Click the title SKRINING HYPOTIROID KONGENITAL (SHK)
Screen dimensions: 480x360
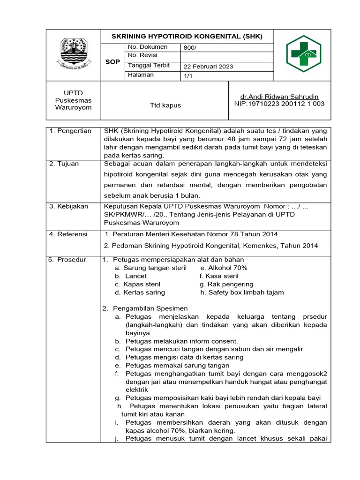(187, 36)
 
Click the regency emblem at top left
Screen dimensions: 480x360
(74, 54)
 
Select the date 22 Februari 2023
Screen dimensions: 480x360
(208, 67)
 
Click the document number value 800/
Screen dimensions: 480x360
(190, 47)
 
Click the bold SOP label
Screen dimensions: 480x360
(112, 61)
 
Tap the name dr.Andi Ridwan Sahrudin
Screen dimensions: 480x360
(279, 96)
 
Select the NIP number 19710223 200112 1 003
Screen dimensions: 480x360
(279, 104)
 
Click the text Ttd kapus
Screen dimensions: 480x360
(165, 105)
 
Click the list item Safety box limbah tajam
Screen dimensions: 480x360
(242, 292)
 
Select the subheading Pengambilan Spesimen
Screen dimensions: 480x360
(149, 308)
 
